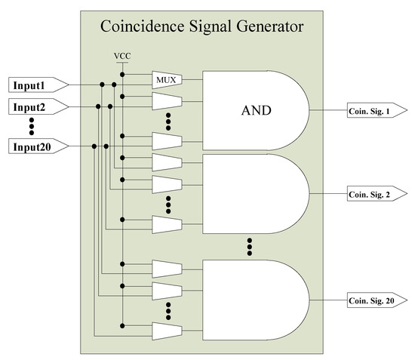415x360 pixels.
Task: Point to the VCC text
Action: coord(121,57)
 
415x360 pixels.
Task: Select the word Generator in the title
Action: coord(267,28)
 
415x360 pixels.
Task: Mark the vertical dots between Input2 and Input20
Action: coord(32,127)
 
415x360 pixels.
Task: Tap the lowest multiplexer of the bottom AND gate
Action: coord(167,331)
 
